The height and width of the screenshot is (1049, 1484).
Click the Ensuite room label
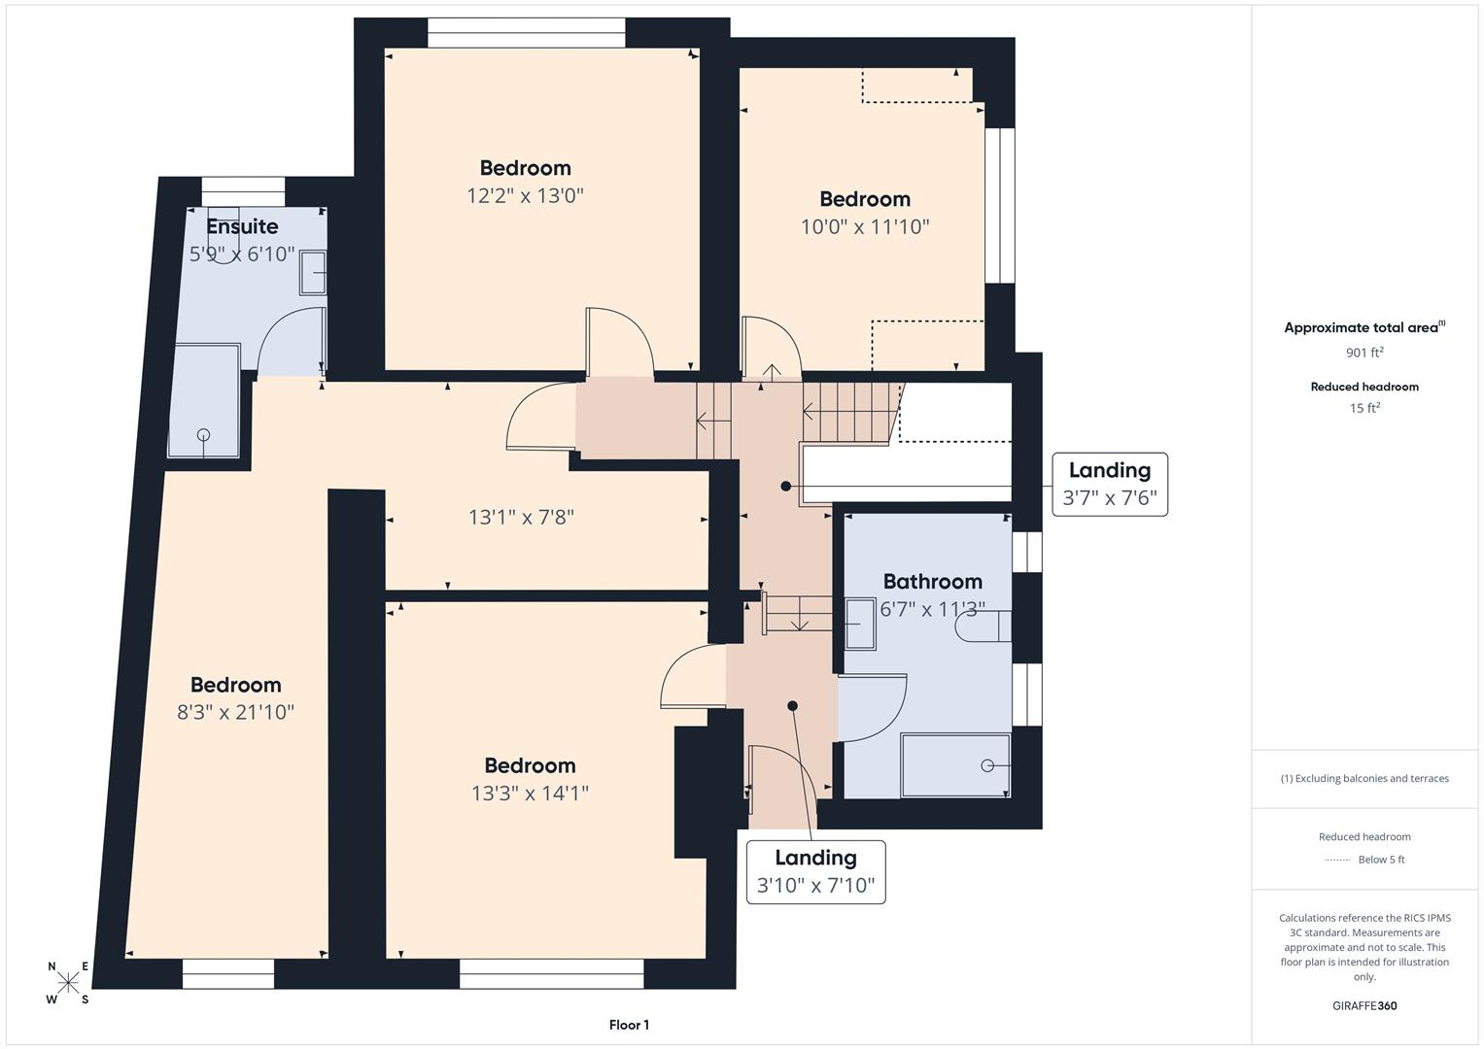(x=242, y=226)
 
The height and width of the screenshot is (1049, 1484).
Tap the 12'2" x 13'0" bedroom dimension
(x=525, y=195)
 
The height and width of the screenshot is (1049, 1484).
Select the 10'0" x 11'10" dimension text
(x=864, y=226)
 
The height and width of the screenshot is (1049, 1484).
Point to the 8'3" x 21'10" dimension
(x=235, y=712)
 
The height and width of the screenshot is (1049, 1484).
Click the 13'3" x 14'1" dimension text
(x=530, y=793)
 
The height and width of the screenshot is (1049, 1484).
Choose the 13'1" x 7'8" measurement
(x=521, y=517)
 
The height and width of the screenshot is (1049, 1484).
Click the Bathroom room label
(x=932, y=581)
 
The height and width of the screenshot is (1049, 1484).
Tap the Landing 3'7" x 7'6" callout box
(x=1109, y=484)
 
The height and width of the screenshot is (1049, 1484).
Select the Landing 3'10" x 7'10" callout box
(x=815, y=871)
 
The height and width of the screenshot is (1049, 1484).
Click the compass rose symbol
(x=68, y=983)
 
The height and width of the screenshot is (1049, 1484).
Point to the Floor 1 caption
(x=629, y=1025)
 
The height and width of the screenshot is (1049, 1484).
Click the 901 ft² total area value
(x=1364, y=353)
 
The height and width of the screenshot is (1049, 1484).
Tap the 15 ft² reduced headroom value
(x=1364, y=408)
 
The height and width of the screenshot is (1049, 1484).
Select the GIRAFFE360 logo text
(x=1364, y=1005)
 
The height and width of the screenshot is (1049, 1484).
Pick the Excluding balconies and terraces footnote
(x=1364, y=778)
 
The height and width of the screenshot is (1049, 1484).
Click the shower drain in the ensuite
(x=203, y=435)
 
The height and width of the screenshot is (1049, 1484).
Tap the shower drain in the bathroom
(x=987, y=765)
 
